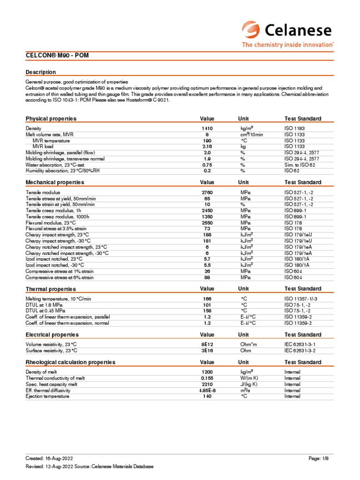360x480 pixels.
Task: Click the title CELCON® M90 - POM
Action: (57, 56)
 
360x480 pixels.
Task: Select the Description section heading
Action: (41, 72)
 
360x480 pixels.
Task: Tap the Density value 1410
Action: (207, 128)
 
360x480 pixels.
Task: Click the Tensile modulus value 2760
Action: (207, 192)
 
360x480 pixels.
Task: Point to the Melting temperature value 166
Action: (207, 299)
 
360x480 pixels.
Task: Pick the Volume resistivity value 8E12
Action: (207, 345)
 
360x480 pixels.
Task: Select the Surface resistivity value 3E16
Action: (207, 350)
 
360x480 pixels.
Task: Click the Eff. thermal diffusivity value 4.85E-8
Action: (207, 390)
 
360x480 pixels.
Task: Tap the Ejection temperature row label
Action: (47, 396)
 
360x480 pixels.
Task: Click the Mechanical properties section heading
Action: (55, 182)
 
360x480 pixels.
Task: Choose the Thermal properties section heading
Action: (51, 289)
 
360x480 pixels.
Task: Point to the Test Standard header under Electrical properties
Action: (303, 335)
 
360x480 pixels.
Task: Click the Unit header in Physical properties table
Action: (244, 119)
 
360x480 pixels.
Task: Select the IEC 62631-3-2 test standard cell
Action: (303, 350)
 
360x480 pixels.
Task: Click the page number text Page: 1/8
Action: (321, 457)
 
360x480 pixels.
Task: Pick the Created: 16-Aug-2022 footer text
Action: (49, 457)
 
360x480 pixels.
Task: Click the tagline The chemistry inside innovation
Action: (288, 45)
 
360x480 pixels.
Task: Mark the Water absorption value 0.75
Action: (207, 165)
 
